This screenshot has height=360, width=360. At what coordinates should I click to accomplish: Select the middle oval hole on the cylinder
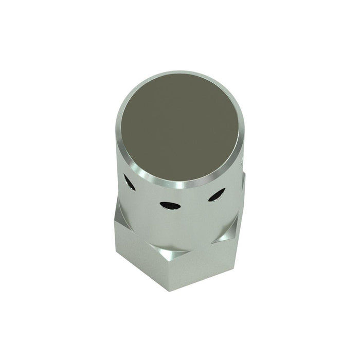pos(169,205)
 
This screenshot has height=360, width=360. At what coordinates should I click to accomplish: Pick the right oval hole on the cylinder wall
pos(217,194)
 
